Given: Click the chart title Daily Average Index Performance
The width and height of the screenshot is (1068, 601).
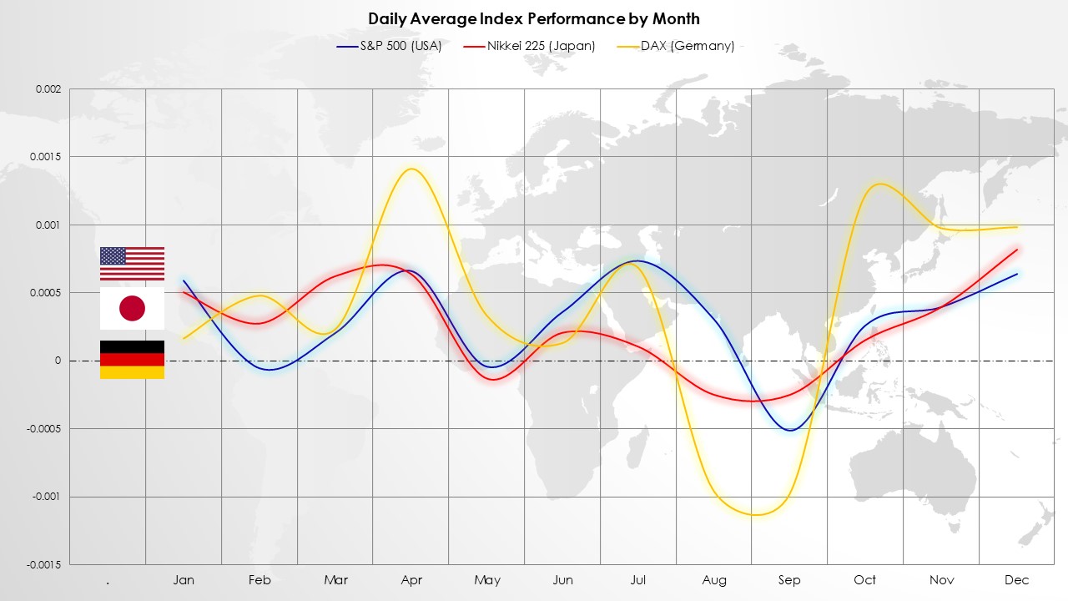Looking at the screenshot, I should pyautogui.click(x=534, y=18).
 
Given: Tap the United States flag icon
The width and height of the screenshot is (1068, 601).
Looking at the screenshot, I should pyautogui.click(x=132, y=264).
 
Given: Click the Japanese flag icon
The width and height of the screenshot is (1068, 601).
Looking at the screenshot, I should pyautogui.click(x=132, y=309).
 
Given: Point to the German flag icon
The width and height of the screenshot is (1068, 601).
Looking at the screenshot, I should pyautogui.click(x=132, y=360).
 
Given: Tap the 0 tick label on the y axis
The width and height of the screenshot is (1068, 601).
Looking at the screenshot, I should pyautogui.click(x=58, y=361).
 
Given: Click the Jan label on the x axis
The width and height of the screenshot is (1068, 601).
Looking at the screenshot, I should pyautogui.click(x=184, y=580).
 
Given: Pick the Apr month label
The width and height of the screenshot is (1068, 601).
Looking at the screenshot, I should pyautogui.click(x=411, y=580).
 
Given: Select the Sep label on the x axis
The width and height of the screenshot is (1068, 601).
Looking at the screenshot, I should pyautogui.click(x=789, y=580).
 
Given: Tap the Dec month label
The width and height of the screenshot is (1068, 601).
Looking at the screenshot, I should pyautogui.click(x=1017, y=580).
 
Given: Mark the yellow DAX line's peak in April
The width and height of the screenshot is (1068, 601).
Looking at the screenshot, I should pyautogui.click(x=411, y=169).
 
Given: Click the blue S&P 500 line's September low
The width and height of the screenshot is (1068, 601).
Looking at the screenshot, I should pyautogui.click(x=789, y=431).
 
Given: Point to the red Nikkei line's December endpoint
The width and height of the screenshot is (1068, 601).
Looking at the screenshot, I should pyautogui.click(x=1017, y=250).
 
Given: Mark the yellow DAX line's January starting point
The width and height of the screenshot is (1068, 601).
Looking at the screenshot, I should pyautogui.click(x=184, y=338).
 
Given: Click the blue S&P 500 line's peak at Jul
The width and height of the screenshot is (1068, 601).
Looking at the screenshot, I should pyautogui.click(x=637, y=261).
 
